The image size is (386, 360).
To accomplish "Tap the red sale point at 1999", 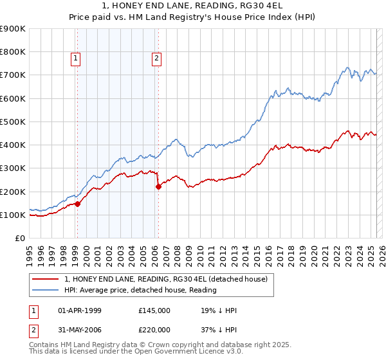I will [77, 204].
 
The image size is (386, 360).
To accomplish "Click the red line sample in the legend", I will [46, 278].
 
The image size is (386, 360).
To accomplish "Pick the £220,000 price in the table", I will [154, 329].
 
